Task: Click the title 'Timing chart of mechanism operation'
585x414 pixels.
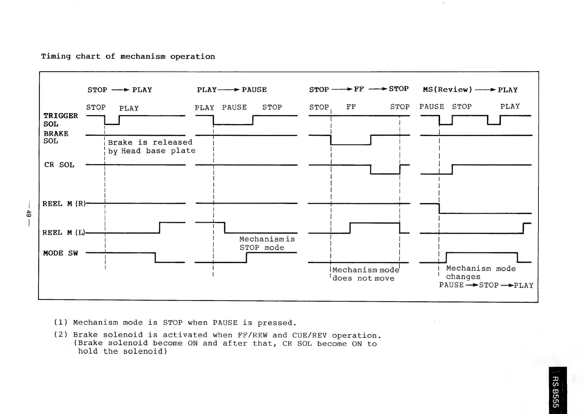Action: tap(128, 56)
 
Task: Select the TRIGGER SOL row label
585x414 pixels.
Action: tap(60, 120)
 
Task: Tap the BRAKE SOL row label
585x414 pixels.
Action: tap(56, 137)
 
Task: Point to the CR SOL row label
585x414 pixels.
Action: tap(59, 165)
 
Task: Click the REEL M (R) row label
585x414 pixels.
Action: tap(64, 204)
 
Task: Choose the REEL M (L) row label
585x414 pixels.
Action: tap(64, 233)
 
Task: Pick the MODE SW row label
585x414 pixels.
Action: tap(60, 253)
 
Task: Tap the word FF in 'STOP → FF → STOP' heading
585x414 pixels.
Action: tap(359, 89)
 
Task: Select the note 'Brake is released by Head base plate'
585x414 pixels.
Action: tap(152, 146)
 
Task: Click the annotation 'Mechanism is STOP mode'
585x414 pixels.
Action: tap(267, 243)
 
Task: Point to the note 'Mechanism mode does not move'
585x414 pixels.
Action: tap(365, 274)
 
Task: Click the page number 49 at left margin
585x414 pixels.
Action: tap(29, 213)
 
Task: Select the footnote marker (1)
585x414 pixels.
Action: tap(60, 323)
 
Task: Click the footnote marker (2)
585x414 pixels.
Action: tap(60, 335)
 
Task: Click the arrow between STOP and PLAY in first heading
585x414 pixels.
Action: tap(120, 90)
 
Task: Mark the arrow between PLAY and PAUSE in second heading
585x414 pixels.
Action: tap(229, 90)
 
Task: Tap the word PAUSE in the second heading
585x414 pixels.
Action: tap(254, 90)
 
